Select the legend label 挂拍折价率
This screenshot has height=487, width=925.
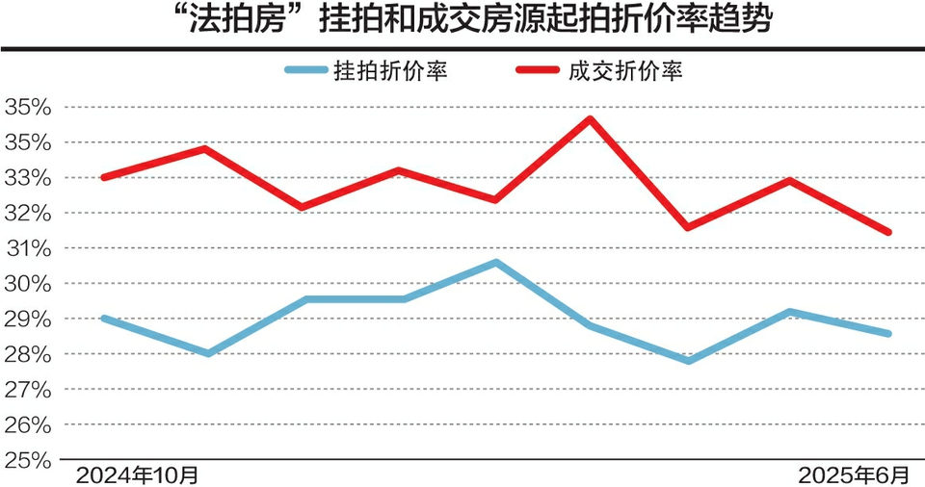click(x=389, y=70)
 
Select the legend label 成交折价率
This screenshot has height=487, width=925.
click(x=626, y=70)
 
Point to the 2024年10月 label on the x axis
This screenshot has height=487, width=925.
click(x=139, y=474)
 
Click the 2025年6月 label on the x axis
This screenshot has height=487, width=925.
click(x=854, y=474)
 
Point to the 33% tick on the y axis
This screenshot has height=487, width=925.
click(x=27, y=178)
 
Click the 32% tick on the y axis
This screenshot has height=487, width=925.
click(x=27, y=213)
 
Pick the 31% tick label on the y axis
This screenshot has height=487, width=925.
click(x=27, y=248)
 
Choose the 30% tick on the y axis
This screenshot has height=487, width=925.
click(x=27, y=284)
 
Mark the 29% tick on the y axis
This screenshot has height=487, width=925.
click(x=27, y=319)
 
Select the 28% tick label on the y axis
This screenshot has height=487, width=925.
click(x=27, y=354)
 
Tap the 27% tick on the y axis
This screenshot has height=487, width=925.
click(x=27, y=389)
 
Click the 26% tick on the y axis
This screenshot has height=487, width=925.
click(x=27, y=424)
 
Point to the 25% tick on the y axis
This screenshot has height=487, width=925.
click(x=27, y=460)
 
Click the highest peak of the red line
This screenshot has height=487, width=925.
click(x=590, y=119)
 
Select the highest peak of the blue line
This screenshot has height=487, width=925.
click(x=495, y=262)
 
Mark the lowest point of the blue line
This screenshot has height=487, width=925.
click(x=688, y=361)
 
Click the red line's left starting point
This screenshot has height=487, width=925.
click(x=104, y=177)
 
